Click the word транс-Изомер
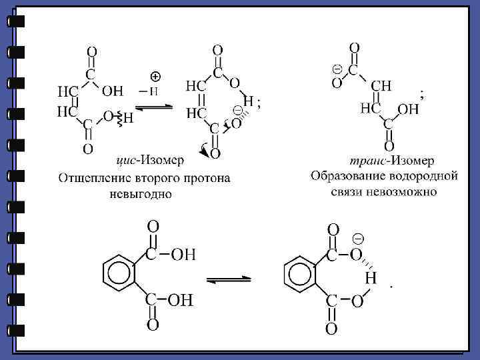pos(383,161)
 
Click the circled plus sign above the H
pos(154,77)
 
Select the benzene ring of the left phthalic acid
pos(119,273)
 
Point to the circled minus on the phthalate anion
pos(358,239)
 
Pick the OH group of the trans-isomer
pos(408,109)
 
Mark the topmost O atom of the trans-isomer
pos(355,48)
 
